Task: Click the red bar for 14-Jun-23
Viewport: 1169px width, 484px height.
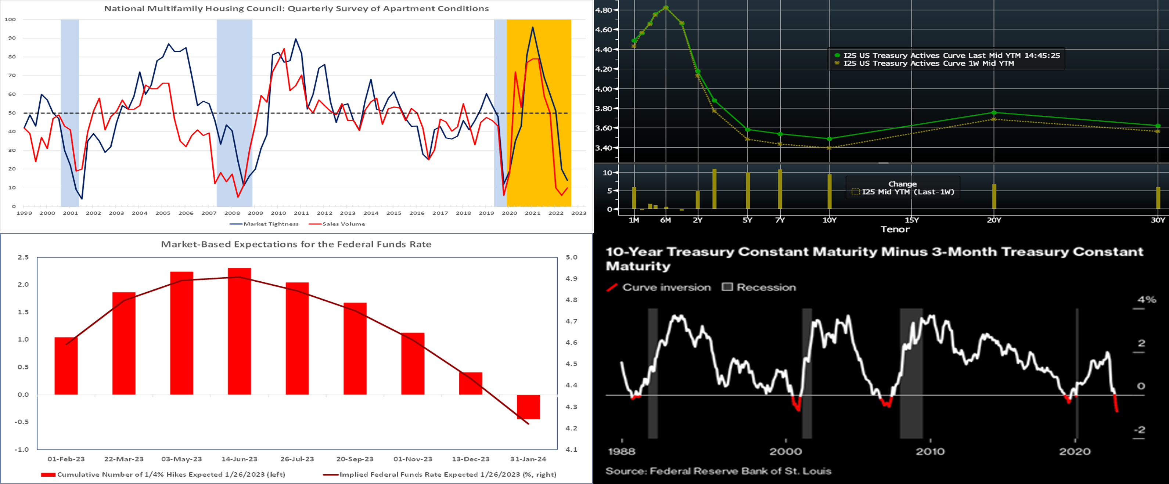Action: pyautogui.click(x=239, y=331)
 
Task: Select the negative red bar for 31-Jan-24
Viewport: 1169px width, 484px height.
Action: pyautogui.click(x=528, y=407)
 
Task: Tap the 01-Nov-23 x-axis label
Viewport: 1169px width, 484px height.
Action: pyautogui.click(x=413, y=459)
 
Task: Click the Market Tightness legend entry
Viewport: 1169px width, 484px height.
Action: pyautogui.click(x=270, y=224)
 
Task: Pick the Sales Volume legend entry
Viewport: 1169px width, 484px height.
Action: pyautogui.click(x=343, y=224)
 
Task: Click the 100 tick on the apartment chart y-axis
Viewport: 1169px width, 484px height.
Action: pyautogui.click(x=10, y=19)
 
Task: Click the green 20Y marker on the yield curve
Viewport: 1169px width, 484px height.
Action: pyautogui.click(x=994, y=112)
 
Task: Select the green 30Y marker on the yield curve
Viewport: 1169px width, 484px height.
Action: pyautogui.click(x=1158, y=126)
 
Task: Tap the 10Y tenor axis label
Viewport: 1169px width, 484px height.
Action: pyautogui.click(x=829, y=220)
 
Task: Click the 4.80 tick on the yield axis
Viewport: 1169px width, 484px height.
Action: pyautogui.click(x=604, y=10)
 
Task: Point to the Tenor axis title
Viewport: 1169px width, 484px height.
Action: pyautogui.click(x=895, y=229)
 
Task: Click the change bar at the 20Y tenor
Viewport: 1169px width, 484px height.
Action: pyautogui.click(x=994, y=196)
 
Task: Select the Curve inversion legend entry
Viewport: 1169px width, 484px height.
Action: pyautogui.click(x=666, y=287)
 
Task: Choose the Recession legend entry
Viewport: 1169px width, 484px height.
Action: pyautogui.click(x=766, y=287)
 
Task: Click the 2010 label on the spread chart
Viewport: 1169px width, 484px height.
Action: pyautogui.click(x=930, y=451)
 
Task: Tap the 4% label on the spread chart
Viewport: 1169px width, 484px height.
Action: pyautogui.click(x=1146, y=299)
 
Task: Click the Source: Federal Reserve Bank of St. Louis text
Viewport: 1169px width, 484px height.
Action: pyautogui.click(x=718, y=471)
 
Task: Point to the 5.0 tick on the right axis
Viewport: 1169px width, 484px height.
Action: pyautogui.click(x=571, y=257)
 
